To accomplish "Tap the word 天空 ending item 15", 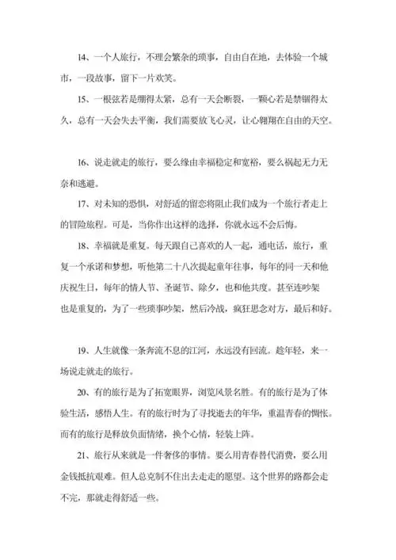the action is tap(326, 122).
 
